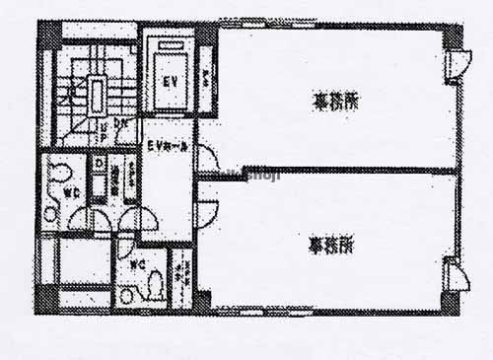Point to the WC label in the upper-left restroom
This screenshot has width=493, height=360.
click(73, 192)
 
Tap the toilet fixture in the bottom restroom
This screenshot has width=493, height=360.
click(153, 285)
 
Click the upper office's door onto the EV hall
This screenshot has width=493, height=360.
click(207, 159)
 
